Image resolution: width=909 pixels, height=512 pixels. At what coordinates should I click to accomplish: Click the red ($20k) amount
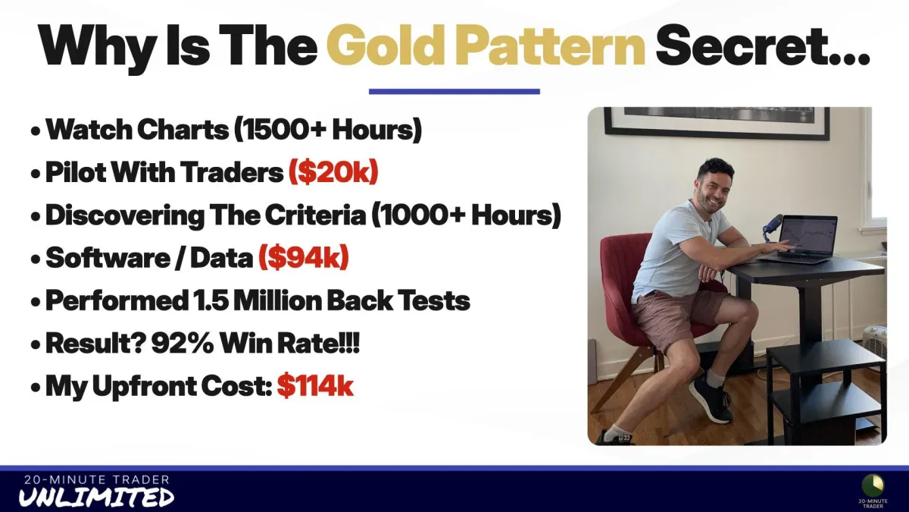(333, 172)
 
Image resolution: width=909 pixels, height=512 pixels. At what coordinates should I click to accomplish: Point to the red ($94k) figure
(304, 258)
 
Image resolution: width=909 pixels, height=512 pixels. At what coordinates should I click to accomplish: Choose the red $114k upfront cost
(315, 385)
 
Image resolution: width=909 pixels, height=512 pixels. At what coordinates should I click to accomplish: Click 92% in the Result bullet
(183, 343)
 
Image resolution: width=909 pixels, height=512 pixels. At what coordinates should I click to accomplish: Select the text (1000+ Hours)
(467, 215)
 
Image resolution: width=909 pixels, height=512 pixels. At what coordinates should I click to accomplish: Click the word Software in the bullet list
(108, 258)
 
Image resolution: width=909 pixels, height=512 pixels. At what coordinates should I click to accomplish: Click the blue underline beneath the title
(454, 92)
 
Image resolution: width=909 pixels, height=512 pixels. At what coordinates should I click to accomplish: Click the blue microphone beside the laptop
(770, 226)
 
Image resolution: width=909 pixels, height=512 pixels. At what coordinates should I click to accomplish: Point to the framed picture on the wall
(717, 123)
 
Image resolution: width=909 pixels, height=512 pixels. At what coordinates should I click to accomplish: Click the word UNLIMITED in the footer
(96, 498)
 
